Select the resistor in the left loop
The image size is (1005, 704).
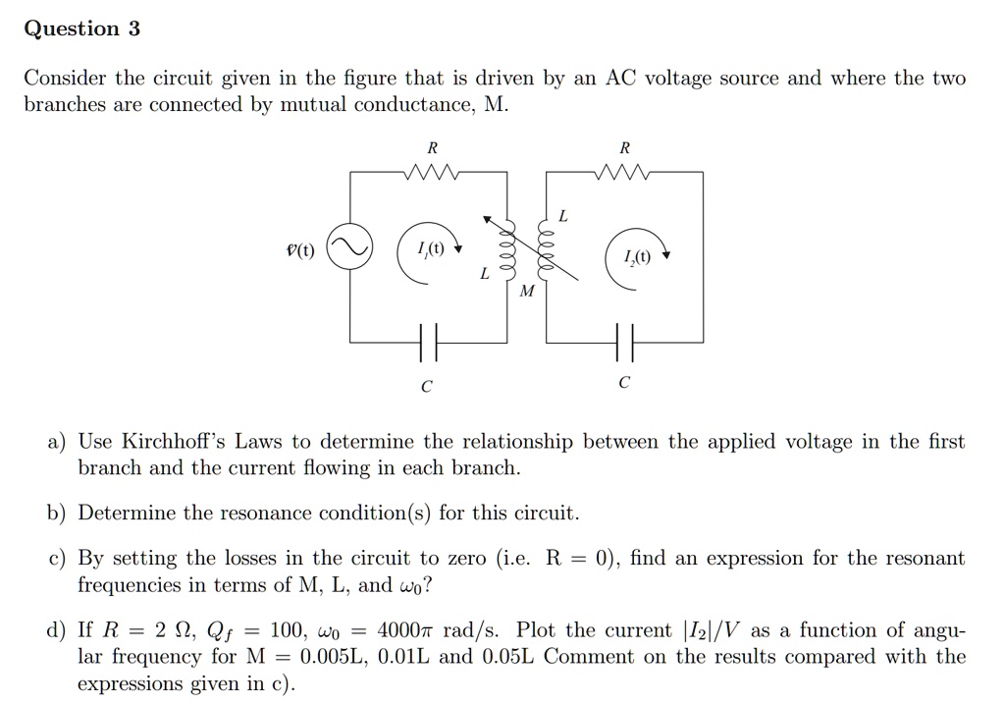click(x=429, y=174)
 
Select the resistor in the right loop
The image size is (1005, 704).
click(x=624, y=174)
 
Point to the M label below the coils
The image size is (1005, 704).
click(x=528, y=291)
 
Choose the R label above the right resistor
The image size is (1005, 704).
click(x=625, y=148)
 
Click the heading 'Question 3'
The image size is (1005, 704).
click(x=81, y=28)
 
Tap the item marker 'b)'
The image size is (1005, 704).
click(x=58, y=514)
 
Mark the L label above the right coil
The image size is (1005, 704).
click(x=562, y=214)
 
